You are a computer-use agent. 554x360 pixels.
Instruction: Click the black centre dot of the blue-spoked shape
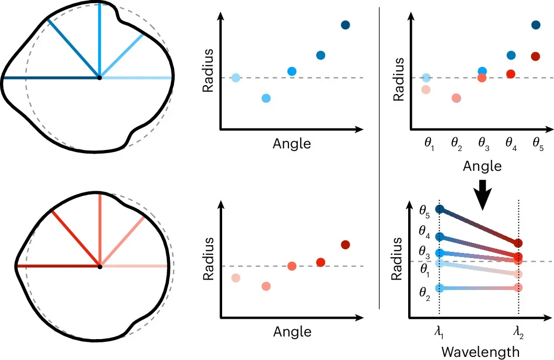(x=100, y=78)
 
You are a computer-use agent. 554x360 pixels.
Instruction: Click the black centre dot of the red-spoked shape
(x=100, y=266)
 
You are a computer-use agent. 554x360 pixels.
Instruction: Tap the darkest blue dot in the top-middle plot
(x=345, y=25)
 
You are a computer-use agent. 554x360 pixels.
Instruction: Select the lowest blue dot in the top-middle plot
(x=267, y=98)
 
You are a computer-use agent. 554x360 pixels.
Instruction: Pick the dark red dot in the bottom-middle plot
(x=345, y=245)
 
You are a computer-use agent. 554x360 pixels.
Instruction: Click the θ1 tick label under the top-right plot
(x=429, y=144)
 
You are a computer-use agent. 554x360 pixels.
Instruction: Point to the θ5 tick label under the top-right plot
(x=538, y=144)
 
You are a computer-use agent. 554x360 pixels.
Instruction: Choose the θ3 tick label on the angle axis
(x=483, y=144)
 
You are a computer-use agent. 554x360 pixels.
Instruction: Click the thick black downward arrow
(x=482, y=195)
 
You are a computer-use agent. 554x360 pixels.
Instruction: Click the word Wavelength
(x=480, y=352)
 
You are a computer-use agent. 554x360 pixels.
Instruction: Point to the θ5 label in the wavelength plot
(x=424, y=211)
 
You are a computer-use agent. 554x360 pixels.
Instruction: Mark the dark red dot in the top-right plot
(x=536, y=56)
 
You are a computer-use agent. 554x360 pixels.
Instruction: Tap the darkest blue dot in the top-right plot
(x=536, y=25)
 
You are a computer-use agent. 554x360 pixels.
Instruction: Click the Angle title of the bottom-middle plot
(x=292, y=332)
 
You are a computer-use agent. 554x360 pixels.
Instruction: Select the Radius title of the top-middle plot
(x=208, y=71)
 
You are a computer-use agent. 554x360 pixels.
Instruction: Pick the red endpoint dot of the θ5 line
(x=518, y=243)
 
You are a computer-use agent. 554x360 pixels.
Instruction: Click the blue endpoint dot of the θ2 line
(x=440, y=288)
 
